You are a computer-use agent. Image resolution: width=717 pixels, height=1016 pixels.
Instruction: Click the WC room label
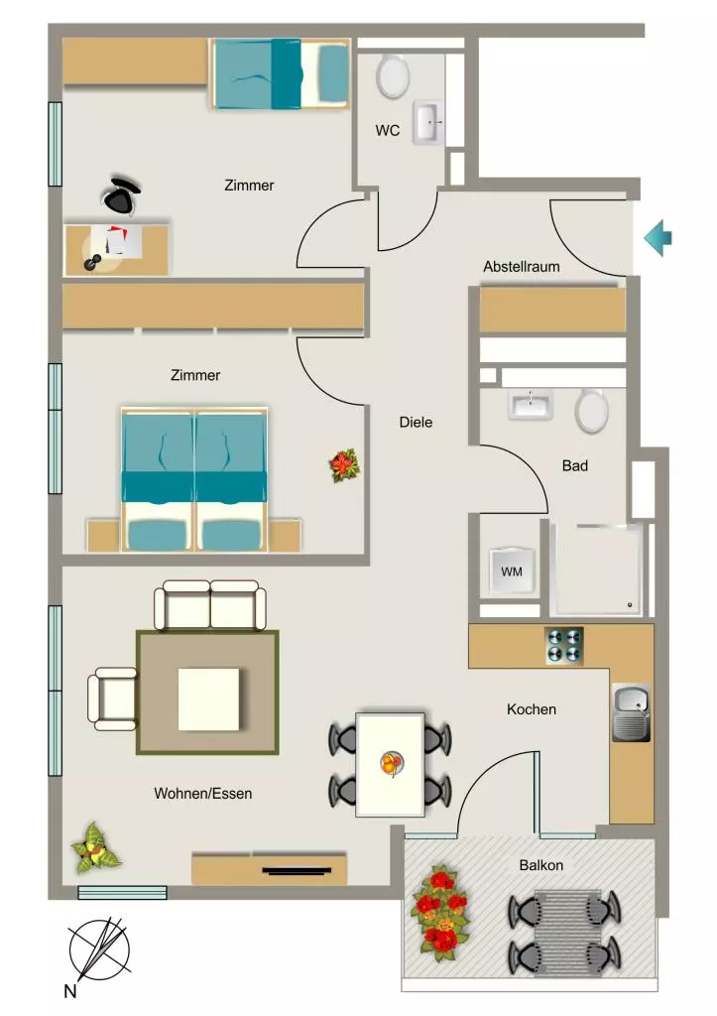[388, 130]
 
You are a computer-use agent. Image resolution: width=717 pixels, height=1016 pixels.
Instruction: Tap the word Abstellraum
[522, 266]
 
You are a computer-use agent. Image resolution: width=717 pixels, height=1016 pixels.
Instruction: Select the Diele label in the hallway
[416, 423]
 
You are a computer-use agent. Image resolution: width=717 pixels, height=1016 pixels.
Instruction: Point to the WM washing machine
[512, 571]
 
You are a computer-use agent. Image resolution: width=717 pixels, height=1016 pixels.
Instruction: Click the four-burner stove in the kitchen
[565, 645]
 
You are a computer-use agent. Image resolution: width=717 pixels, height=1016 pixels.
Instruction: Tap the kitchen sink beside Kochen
[631, 712]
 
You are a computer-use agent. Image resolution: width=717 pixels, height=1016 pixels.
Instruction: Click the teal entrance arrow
[658, 238]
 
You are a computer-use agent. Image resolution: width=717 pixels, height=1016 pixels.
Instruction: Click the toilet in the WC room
[393, 76]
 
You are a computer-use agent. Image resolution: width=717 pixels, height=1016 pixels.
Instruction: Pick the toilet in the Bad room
[592, 411]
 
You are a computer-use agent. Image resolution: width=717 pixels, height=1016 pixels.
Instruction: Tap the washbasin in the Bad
[532, 405]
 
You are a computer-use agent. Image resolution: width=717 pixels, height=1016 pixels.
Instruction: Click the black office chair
[123, 193]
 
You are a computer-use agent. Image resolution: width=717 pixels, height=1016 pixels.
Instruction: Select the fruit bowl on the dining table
[392, 763]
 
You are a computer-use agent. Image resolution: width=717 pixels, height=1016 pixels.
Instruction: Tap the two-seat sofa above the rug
[210, 605]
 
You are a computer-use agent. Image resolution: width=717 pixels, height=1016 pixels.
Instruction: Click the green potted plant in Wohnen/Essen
[95, 847]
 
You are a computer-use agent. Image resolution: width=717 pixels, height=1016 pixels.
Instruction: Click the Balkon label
[540, 865]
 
